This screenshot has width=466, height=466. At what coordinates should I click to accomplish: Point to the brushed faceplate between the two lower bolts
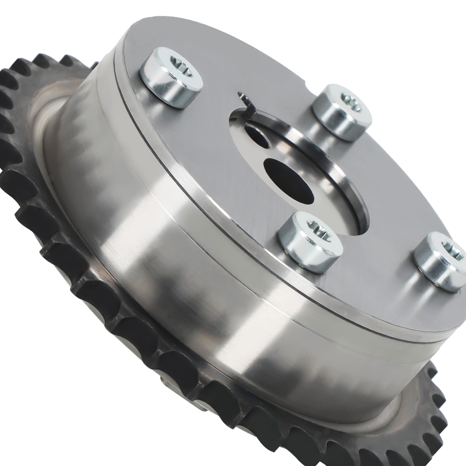coord(376,256)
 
